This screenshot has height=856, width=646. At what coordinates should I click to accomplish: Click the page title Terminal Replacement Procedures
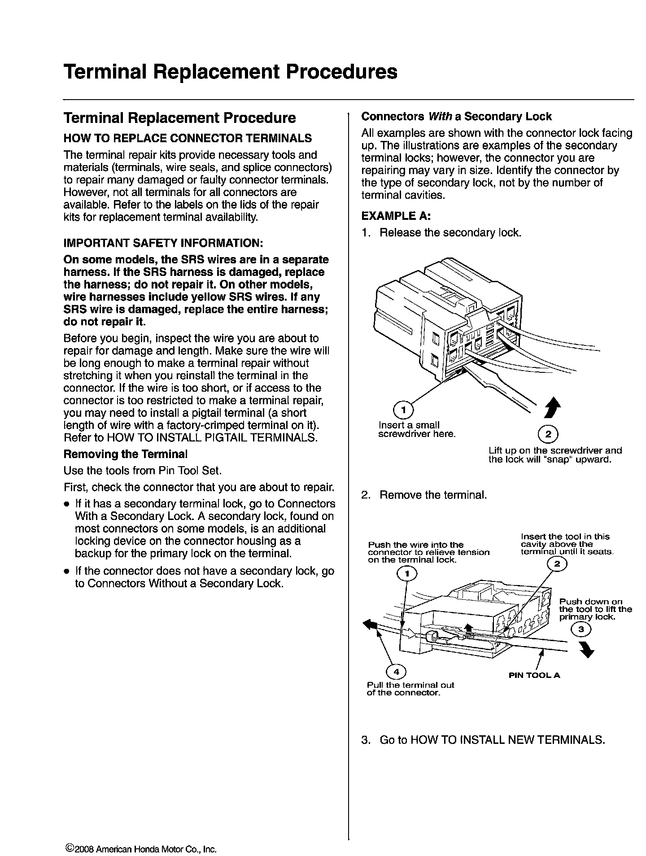coord(230,72)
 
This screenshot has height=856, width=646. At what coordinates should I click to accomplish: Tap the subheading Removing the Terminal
coord(125,454)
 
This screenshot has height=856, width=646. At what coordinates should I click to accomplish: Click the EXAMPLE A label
coord(396,216)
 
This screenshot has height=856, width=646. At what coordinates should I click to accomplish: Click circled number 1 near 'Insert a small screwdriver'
coord(403,410)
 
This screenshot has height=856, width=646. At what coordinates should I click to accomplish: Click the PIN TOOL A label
coord(534,675)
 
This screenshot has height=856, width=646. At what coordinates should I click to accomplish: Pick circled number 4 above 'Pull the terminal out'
coord(396,672)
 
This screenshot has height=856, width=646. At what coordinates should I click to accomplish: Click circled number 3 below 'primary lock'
coord(581,630)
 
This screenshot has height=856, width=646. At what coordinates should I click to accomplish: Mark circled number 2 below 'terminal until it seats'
coord(557,564)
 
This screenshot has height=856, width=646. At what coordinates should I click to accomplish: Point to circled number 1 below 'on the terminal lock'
coord(407,573)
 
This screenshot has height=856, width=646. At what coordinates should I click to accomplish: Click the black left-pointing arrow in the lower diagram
coord(370,625)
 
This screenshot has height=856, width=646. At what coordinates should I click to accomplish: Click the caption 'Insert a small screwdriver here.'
coord(417,429)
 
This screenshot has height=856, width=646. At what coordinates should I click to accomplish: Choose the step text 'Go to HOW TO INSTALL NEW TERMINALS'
coord(492,740)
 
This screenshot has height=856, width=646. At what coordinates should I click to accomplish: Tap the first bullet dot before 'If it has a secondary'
coord(66,504)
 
